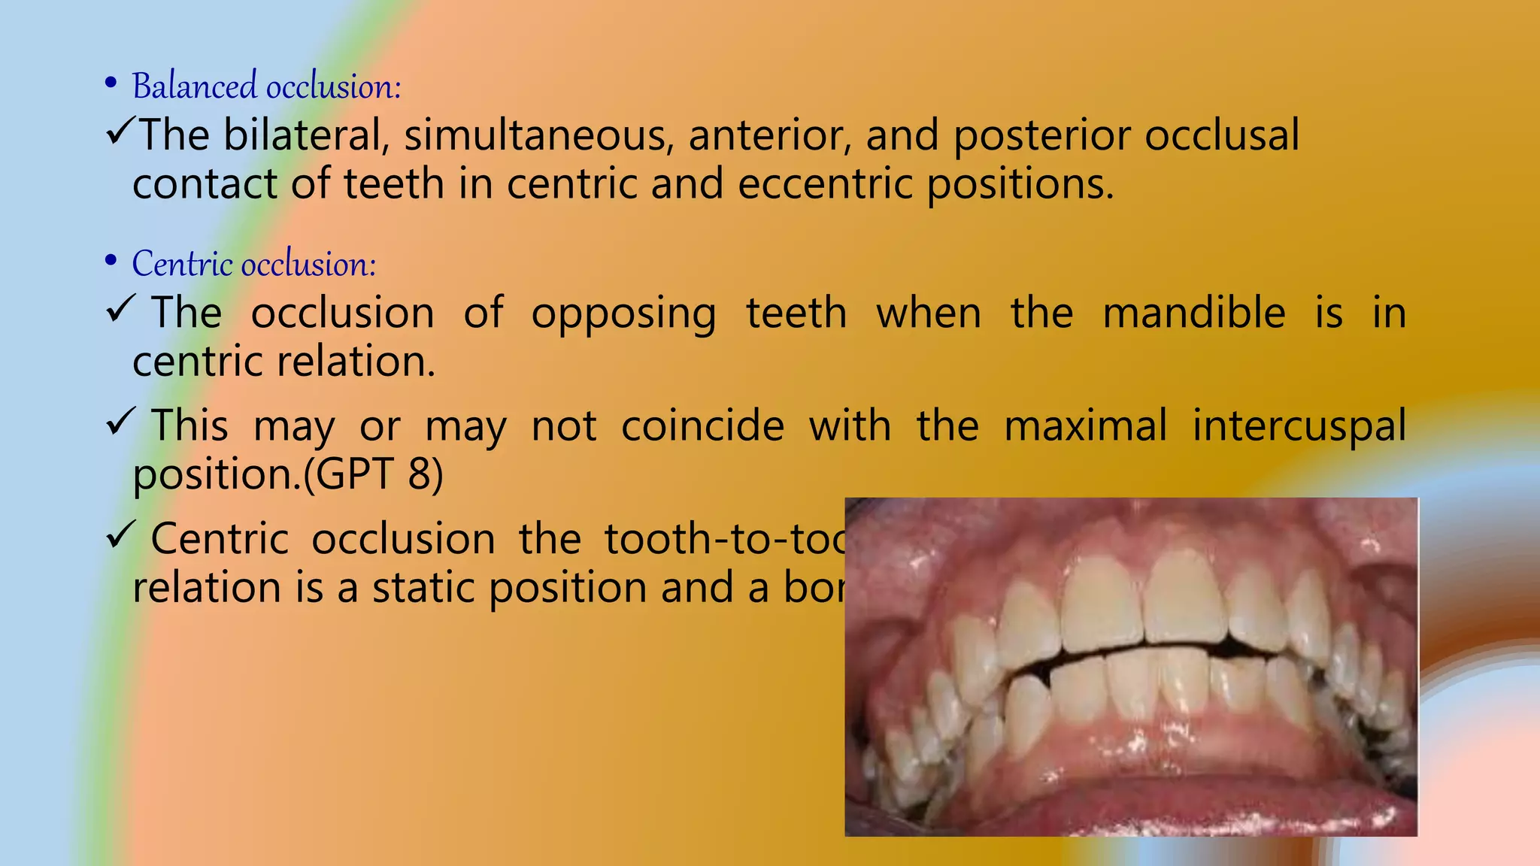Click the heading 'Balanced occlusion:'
click(x=266, y=86)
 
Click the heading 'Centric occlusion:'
click(x=253, y=265)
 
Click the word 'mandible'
click(x=1193, y=313)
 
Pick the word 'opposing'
click(x=623, y=313)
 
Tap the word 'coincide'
click(x=702, y=426)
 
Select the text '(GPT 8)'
click(x=373, y=475)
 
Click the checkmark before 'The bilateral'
click(x=120, y=132)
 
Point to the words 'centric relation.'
click(x=283, y=362)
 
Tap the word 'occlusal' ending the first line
click(x=1222, y=136)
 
